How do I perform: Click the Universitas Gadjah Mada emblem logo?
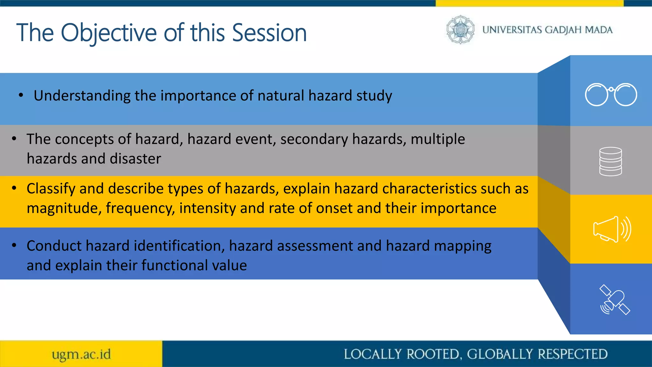point(460,30)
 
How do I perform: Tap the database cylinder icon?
point(610,161)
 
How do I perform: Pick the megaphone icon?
point(612,229)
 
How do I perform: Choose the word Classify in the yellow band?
point(51,189)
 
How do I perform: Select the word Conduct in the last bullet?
point(54,246)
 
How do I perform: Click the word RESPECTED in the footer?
point(573,354)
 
